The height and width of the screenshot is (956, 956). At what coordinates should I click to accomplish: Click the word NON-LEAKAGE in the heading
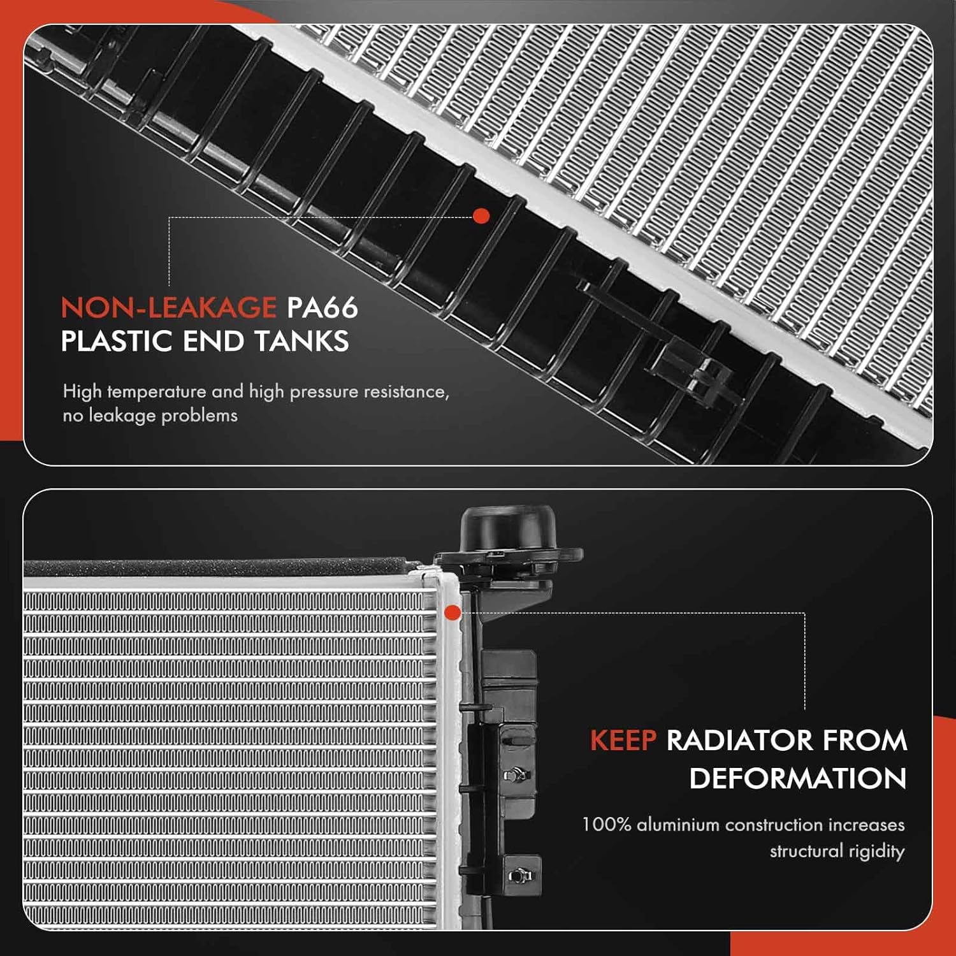[168, 308]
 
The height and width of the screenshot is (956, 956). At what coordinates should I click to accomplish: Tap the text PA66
[322, 308]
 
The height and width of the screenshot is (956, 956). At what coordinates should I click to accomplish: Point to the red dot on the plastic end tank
[482, 216]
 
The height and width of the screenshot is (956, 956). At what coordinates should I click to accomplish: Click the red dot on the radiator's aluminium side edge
[453, 613]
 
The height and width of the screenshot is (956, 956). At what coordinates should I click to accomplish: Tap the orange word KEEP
[623, 741]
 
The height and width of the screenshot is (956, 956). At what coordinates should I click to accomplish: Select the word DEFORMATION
[797, 778]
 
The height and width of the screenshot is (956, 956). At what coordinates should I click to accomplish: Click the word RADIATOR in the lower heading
[739, 741]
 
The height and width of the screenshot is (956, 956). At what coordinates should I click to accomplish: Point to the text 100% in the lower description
[606, 825]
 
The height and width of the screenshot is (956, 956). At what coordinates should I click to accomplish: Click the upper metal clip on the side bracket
[516, 774]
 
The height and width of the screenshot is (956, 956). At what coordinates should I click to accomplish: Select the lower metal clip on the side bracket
[519, 876]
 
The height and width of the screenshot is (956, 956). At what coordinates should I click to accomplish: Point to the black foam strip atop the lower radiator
[217, 566]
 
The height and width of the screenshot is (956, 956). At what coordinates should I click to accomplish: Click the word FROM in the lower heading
[864, 741]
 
